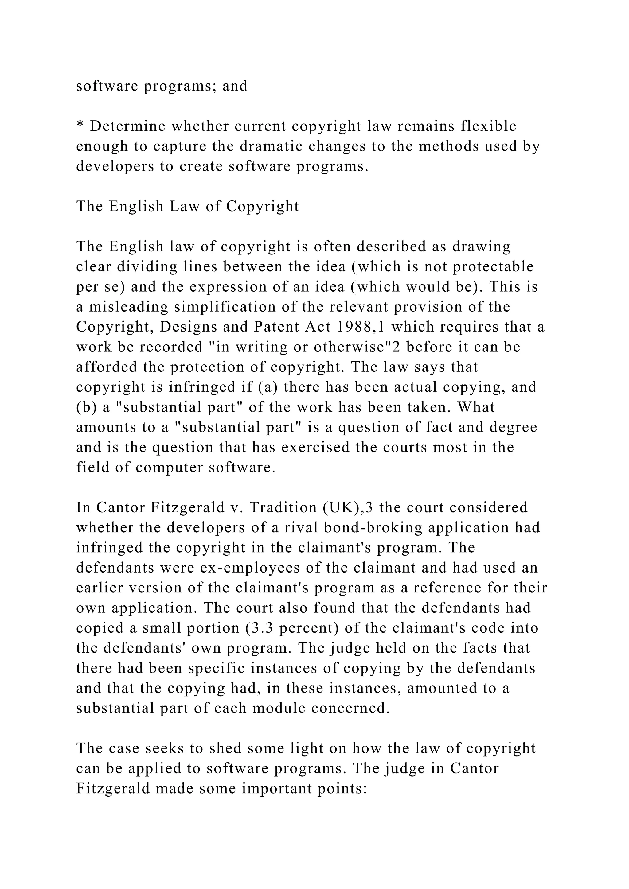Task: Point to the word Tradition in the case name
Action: tap(279, 508)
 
